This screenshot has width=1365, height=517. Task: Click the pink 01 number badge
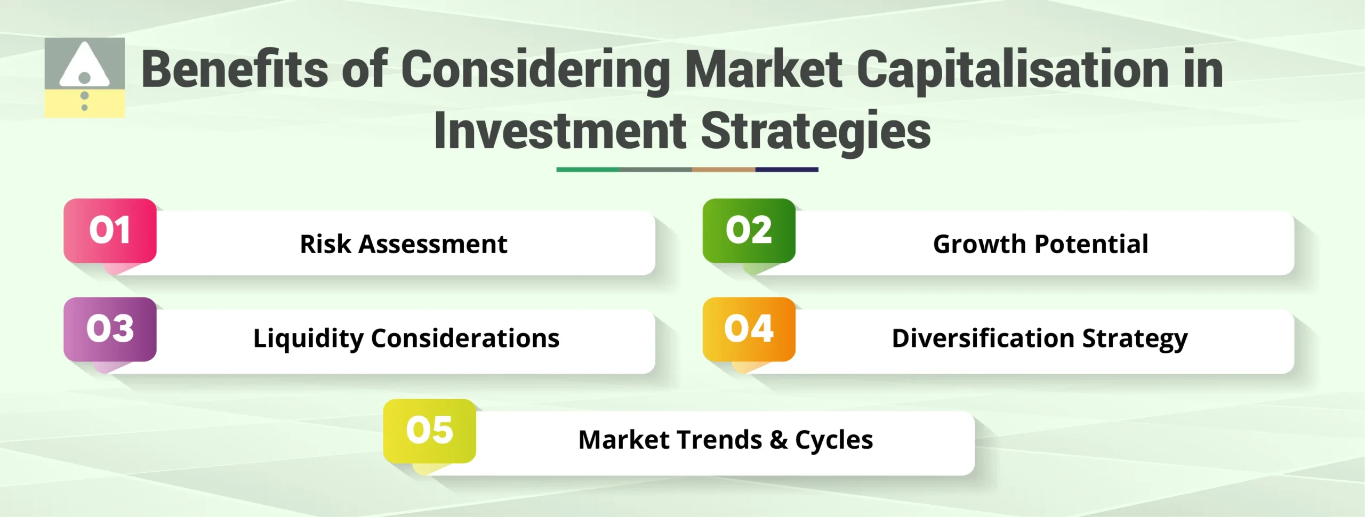[x=110, y=230]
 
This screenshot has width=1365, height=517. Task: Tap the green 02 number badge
[x=749, y=230]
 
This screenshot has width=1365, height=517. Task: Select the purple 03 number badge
[x=110, y=329]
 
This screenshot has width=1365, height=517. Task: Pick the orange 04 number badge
[x=749, y=329]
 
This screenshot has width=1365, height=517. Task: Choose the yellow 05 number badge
[x=429, y=431]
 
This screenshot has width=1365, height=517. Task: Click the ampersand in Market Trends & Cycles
[x=778, y=440]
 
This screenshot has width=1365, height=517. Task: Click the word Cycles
[x=834, y=440]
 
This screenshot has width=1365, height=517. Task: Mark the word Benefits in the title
[x=235, y=69]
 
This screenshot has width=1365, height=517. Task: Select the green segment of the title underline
[x=588, y=169]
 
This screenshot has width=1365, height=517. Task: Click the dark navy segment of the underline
[x=786, y=169]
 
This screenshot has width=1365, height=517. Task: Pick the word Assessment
[x=432, y=244]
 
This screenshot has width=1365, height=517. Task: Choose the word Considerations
[x=465, y=338]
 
